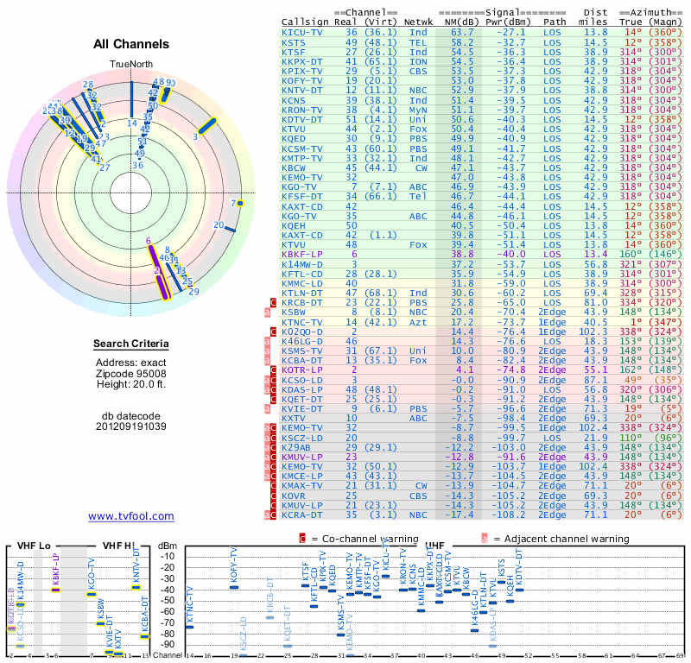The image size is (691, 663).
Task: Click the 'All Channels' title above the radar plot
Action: tap(131, 44)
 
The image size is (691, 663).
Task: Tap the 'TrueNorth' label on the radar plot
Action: tap(131, 65)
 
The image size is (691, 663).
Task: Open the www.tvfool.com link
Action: tap(130, 516)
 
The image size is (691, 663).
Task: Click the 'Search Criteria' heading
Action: tap(131, 344)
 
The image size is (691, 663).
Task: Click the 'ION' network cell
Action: tap(419, 61)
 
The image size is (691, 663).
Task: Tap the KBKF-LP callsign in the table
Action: tap(301, 255)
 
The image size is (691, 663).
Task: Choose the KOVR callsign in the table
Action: tap(294, 496)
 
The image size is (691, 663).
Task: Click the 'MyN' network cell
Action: tap(419, 110)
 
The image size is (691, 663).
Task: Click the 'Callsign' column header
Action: tap(304, 22)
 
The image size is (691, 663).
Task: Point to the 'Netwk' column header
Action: tap(419, 22)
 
